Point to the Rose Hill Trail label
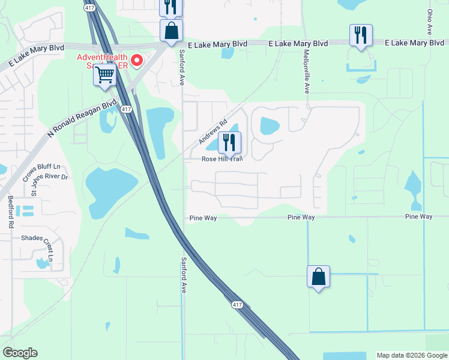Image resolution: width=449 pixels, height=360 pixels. (221, 159)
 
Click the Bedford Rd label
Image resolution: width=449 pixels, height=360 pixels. (10, 212)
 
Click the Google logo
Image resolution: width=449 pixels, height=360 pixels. (20, 353)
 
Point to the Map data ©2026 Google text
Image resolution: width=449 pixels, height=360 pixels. (411, 355)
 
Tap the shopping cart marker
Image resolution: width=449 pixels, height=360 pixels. (105, 75)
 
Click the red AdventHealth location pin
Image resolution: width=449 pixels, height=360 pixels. (137, 60)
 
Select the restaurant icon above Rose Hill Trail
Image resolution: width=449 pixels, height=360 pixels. (229, 143)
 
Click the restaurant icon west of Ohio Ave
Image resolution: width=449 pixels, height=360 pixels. (361, 35)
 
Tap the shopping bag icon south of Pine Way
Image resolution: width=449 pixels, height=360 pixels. (318, 277)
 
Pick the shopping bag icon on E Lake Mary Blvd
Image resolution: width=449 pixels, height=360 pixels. (171, 30)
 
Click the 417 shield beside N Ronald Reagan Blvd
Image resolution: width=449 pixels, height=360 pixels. (125, 109)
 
